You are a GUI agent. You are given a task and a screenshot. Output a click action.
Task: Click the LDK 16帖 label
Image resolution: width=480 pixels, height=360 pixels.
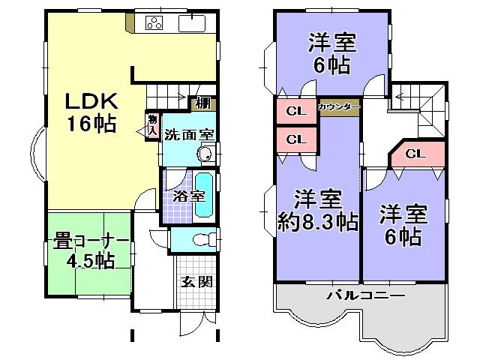[89, 112]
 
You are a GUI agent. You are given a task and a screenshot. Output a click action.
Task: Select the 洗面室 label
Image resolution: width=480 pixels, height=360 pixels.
[190, 135]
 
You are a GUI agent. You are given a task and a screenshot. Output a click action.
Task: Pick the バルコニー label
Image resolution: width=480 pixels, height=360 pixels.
[364, 295]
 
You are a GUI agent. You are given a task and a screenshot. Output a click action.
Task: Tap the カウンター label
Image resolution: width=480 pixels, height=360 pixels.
[339, 106]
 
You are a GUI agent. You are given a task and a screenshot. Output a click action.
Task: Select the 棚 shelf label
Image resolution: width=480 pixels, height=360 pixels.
[202, 104]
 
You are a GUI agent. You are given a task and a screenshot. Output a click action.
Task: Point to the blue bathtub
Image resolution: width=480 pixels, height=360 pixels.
[203, 196]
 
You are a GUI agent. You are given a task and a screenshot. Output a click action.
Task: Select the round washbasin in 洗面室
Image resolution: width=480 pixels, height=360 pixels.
[205, 154]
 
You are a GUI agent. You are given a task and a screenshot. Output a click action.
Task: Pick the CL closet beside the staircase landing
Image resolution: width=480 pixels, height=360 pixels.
[415, 154]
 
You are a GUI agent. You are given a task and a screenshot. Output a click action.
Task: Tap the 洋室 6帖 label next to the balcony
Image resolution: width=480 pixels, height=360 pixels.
[402, 225]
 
